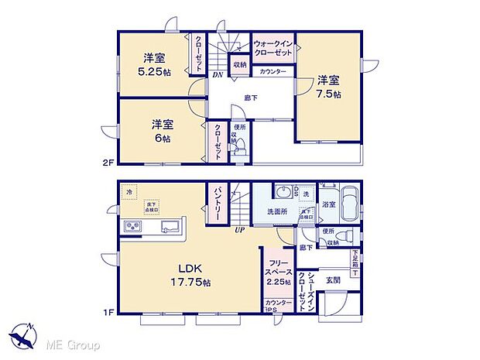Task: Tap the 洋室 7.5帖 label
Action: click(328, 84)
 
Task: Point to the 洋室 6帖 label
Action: click(161, 129)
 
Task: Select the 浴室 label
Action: click(329, 204)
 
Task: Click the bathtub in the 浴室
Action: click(350, 205)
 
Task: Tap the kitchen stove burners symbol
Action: click(130, 226)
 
